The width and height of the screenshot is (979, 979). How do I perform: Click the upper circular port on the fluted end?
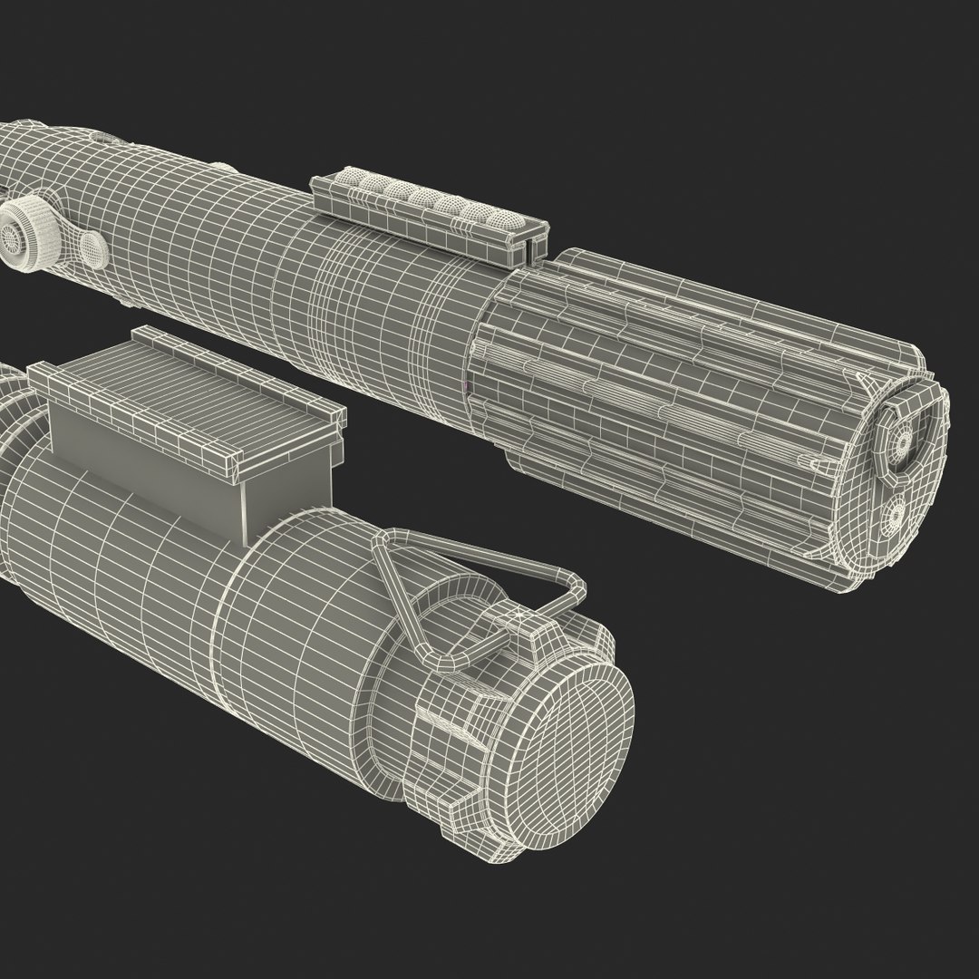pos(902,441)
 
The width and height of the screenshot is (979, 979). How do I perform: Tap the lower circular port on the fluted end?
pos(896,515)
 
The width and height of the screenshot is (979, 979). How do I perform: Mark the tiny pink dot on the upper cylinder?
pos(467,386)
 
